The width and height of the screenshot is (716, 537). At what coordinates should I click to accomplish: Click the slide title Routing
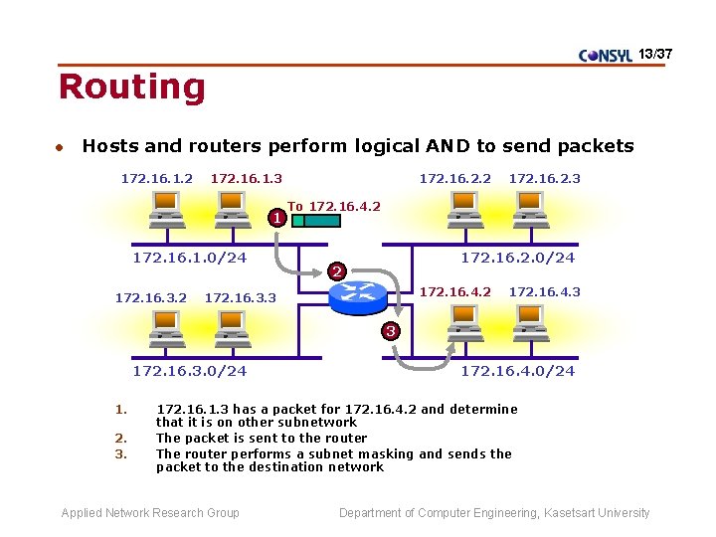pyautogui.click(x=131, y=88)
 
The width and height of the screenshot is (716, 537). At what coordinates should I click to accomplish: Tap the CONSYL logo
pyautogui.click(x=605, y=56)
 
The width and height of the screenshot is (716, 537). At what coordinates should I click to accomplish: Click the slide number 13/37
pyautogui.click(x=655, y=52)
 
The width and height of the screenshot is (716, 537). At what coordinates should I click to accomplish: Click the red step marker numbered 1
pyautogui.click(x=279, y=216)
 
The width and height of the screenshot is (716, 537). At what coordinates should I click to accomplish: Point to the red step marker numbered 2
pyautogui.click(x=337, y=271)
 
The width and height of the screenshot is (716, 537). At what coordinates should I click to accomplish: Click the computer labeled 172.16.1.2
pyautogui.click(x=164, y=209)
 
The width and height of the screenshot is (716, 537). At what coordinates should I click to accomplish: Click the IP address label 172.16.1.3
pyautogui.click(x=247, y=178)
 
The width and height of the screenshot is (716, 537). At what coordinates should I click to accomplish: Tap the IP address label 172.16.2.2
pyautogui.click(x=454, y=178)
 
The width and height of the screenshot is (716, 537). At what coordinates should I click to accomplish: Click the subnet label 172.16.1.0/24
pyautogui.click(x=189, y=258)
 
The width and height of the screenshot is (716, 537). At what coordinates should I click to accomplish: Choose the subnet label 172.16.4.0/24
pyautogui.click(x=517, y=371)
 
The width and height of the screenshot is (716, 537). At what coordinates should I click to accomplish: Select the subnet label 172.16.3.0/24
pyautogui.click(x=189, y=371)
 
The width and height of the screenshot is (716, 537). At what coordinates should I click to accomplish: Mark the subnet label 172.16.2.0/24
pyautogui.click(x=517, y=258)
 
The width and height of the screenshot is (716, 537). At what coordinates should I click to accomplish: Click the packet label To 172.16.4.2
pyautogui.click(x=334, y=206)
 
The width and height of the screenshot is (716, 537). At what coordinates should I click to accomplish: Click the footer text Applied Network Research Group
pyautogui.click(x=150, y=513)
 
